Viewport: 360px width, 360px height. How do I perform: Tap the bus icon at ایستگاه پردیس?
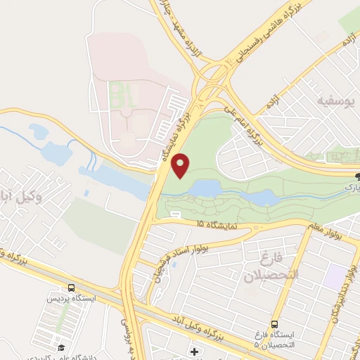click(x=70, y=288)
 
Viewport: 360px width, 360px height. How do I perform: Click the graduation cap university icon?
click(x=62, y=347)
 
